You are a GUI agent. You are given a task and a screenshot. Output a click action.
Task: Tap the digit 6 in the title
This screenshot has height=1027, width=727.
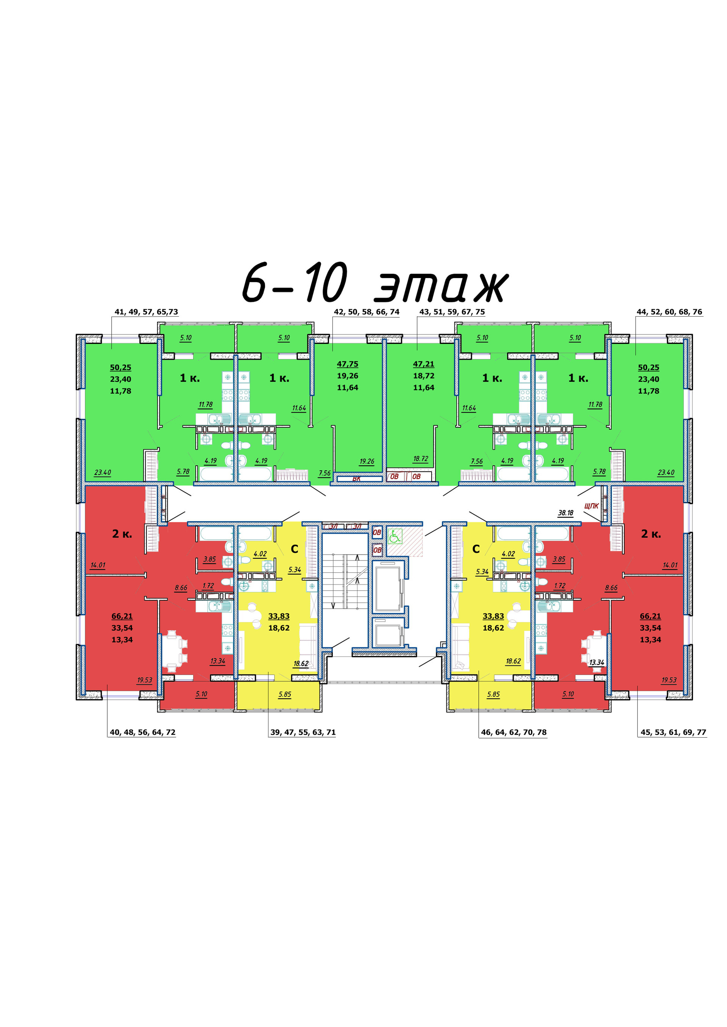pos(255,283)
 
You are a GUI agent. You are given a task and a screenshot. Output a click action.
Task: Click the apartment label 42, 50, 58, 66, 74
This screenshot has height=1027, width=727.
pos(366,312)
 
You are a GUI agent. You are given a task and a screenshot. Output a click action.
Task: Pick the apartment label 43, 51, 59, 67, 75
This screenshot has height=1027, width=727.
pos(452,312)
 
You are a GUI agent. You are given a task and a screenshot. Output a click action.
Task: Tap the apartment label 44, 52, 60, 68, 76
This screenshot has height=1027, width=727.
pos(669,312)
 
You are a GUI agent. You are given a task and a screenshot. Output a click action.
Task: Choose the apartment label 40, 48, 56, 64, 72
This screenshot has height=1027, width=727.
pos(142,732)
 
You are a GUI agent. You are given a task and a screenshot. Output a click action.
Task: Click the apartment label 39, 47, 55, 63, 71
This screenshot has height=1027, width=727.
pos(303,732)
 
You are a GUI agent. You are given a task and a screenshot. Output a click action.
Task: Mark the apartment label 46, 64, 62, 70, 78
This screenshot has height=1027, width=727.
pos(513,732)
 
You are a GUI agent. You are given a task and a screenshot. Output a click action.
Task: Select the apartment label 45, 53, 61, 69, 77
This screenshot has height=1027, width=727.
pos(673,732)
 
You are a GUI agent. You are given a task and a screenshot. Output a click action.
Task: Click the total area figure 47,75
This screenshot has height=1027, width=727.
pos(347,364)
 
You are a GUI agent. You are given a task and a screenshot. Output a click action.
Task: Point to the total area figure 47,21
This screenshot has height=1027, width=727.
pos(423,364)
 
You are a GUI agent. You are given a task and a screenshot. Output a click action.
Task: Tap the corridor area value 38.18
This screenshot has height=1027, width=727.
pos(565,513)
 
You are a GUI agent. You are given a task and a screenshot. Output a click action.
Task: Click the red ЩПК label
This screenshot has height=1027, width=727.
pos(591,506)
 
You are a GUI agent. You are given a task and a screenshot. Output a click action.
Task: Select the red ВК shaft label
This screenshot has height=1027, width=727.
pos(356,479)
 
